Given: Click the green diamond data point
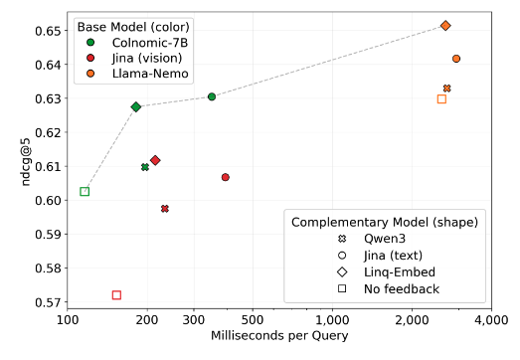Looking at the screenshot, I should pos(136,106).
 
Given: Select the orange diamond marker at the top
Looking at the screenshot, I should pos(445,26).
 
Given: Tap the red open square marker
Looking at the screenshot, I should pos(116,295).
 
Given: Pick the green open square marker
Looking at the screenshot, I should pos(85,191).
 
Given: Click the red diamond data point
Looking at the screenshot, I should pos(155,160).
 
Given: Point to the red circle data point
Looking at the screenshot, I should pos(226,177).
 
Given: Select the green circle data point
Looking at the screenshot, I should pos(212,96).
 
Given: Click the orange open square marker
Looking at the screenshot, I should pos(441,98).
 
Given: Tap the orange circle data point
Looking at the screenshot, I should pos(456,59).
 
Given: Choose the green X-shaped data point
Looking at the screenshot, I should pos(145,167).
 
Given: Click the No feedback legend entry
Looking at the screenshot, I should pos(402,288).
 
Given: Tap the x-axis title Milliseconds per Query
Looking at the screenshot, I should pos(278,336).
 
